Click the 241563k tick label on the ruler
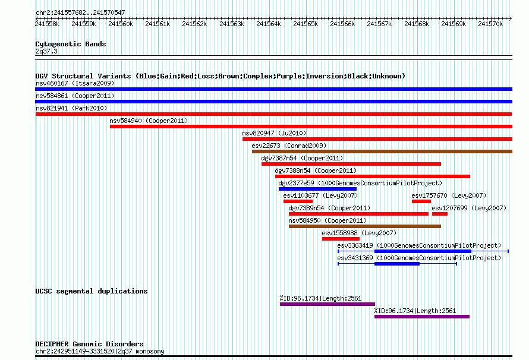pyautogui.click(x=232, y=24)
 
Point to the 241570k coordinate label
pyautogui.click(x=490, y=24)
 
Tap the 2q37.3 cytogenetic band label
pyautogui.click(x=46, y=51)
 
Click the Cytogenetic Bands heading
pyautogui.click(x=71, y=44)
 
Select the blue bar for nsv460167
pyautogui.click(x=273, y=89)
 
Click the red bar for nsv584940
pyautogui.click(x=311, y=127)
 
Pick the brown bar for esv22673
pyautogui.click(x=382, y=151)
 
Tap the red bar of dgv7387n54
pyautogui.click(x=351, y=164)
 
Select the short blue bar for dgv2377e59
pyautogui.click(x=317, y=189)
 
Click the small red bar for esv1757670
pyautogui.click(x=421, y=201)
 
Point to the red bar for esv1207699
pyautogui.click(x=440, y=214)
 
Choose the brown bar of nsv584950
pyautogui.click(x=365, y=226)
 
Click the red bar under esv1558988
pyautogui.click(x=341, y=239)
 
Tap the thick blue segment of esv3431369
pyautogui.click(x=397, y=264)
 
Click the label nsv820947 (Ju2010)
pyautogui.click(x=274, y=133)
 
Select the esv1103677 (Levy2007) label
pyautogui.click(x=320, y=195)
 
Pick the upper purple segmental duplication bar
pyautogui.click(x=328, y=304)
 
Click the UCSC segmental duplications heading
pyautogui.click(x=92, y=291)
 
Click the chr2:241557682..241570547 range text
pyautogui.click(x=80, y=12)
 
